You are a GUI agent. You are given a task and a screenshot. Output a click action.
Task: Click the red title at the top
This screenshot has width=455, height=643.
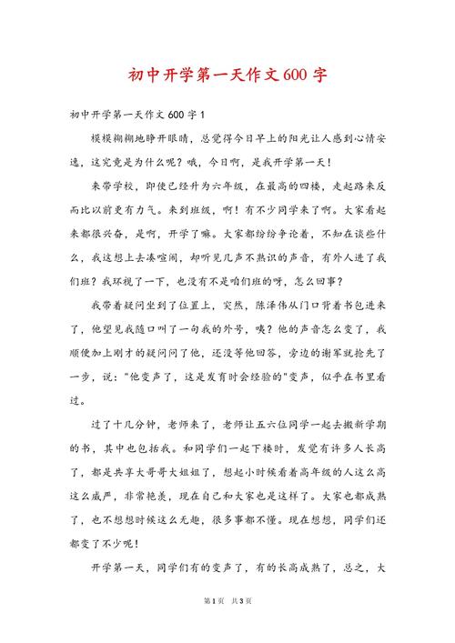click(227, 75)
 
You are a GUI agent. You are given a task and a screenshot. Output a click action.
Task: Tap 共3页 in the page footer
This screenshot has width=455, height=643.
click(240, 627)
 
